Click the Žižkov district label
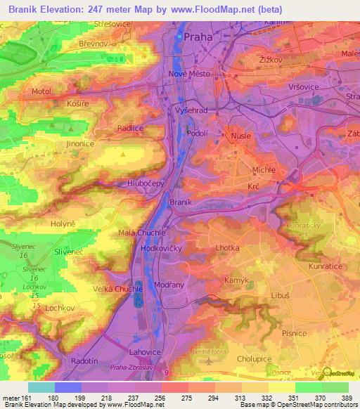[270, 61]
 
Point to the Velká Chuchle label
[114, 288]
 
